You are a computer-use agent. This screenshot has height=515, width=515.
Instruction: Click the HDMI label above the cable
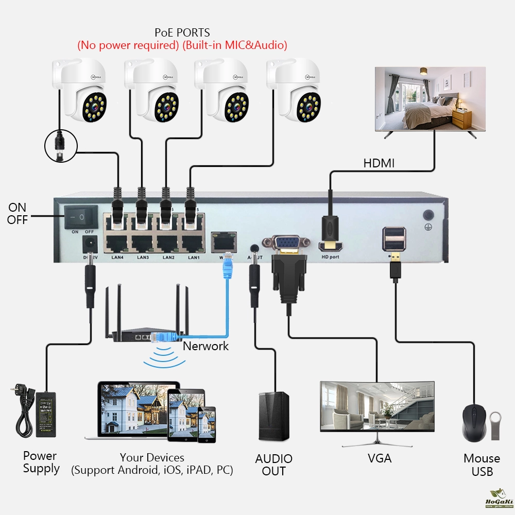coord(379,163)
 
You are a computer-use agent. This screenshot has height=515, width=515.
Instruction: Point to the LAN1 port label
coord(194,257)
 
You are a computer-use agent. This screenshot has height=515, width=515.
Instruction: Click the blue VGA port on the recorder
coord(286,243)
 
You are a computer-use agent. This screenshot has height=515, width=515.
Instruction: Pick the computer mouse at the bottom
coord(474,423)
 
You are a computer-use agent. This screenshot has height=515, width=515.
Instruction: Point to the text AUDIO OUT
coord(273,465)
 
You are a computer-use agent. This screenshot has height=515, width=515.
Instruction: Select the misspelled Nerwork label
coord(205,346)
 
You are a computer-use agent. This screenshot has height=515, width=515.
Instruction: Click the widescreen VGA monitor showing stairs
coord(377,407)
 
